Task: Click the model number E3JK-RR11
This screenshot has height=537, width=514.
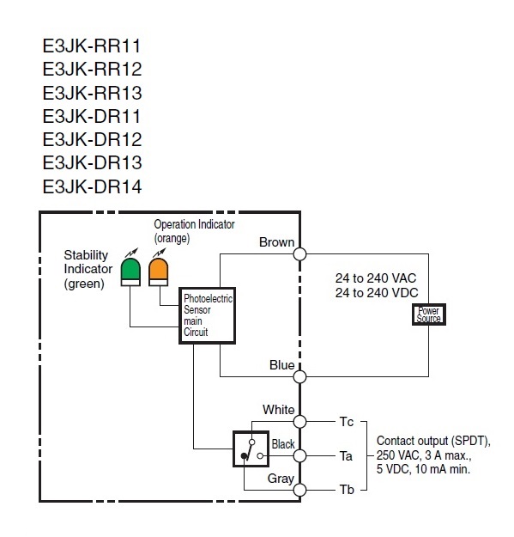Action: click(92, 46)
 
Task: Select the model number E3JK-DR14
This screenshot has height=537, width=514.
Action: click(92, 186)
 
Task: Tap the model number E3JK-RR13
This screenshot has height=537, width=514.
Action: click(92, 93)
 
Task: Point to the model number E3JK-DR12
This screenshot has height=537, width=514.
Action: click(92, 139)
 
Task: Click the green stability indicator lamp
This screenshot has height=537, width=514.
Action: click(130, 272)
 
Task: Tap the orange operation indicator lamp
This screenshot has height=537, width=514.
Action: click(159, 272)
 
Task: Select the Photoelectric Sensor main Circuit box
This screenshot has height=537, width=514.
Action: click(208, 315)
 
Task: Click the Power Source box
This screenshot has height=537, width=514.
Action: click(429, 314)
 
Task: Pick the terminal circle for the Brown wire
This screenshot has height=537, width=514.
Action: click(300, 254)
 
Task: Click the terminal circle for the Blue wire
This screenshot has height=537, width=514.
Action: click(300, 376)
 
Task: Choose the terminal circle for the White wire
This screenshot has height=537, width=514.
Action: click(300, 422)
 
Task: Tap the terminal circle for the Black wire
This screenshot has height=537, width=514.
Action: click(300, 456)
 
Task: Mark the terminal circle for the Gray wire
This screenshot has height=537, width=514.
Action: click(300, 490)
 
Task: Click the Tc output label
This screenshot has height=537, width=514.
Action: click(347, 422)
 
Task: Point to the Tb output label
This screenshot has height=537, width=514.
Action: click(347, 490)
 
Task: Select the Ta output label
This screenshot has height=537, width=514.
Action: click(346, 456)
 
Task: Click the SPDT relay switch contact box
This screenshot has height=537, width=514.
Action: click(251, 449)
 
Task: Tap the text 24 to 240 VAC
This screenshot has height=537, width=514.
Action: click(376, 278)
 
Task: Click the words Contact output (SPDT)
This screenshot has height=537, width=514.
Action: click(433, 441)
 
